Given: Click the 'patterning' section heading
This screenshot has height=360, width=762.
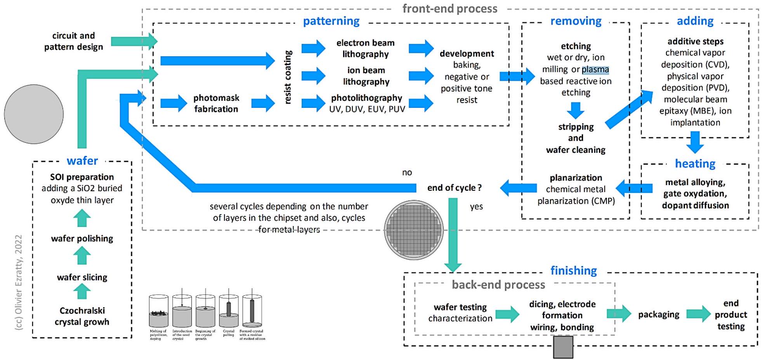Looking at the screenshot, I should pos(331,21).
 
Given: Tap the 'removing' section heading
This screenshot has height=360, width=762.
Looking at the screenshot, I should pos(576,21).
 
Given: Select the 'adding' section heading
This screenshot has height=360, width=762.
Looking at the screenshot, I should pos(695,21).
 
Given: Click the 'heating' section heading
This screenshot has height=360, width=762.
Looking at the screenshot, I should pos(695,164).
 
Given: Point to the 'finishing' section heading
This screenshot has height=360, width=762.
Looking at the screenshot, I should pos(573,270).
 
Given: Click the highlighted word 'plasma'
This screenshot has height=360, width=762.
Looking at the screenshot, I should pos(595,69).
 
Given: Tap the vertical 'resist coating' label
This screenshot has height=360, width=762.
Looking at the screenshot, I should pos(288,77).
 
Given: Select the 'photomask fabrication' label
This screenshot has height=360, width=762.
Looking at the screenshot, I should pos(216,104).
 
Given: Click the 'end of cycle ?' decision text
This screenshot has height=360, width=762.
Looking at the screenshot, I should pos(454,188).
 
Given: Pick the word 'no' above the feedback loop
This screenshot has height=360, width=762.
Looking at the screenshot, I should pos(407,173).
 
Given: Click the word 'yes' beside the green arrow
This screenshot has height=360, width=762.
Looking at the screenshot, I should pos(476,207).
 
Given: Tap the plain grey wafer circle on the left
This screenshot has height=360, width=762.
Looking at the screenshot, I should pos(34,114).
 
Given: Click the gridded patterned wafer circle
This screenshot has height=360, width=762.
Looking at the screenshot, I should pos(414,230).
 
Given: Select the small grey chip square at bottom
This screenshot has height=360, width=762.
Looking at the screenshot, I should pos(563,347).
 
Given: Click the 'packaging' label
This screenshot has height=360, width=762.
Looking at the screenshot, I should pos(658,315).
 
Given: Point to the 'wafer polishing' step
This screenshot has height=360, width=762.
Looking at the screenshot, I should pos(82,239).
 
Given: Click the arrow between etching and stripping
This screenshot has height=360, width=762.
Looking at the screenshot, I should pos(575,111).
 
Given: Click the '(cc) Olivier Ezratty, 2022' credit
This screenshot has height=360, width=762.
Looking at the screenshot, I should pos(19,282).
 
